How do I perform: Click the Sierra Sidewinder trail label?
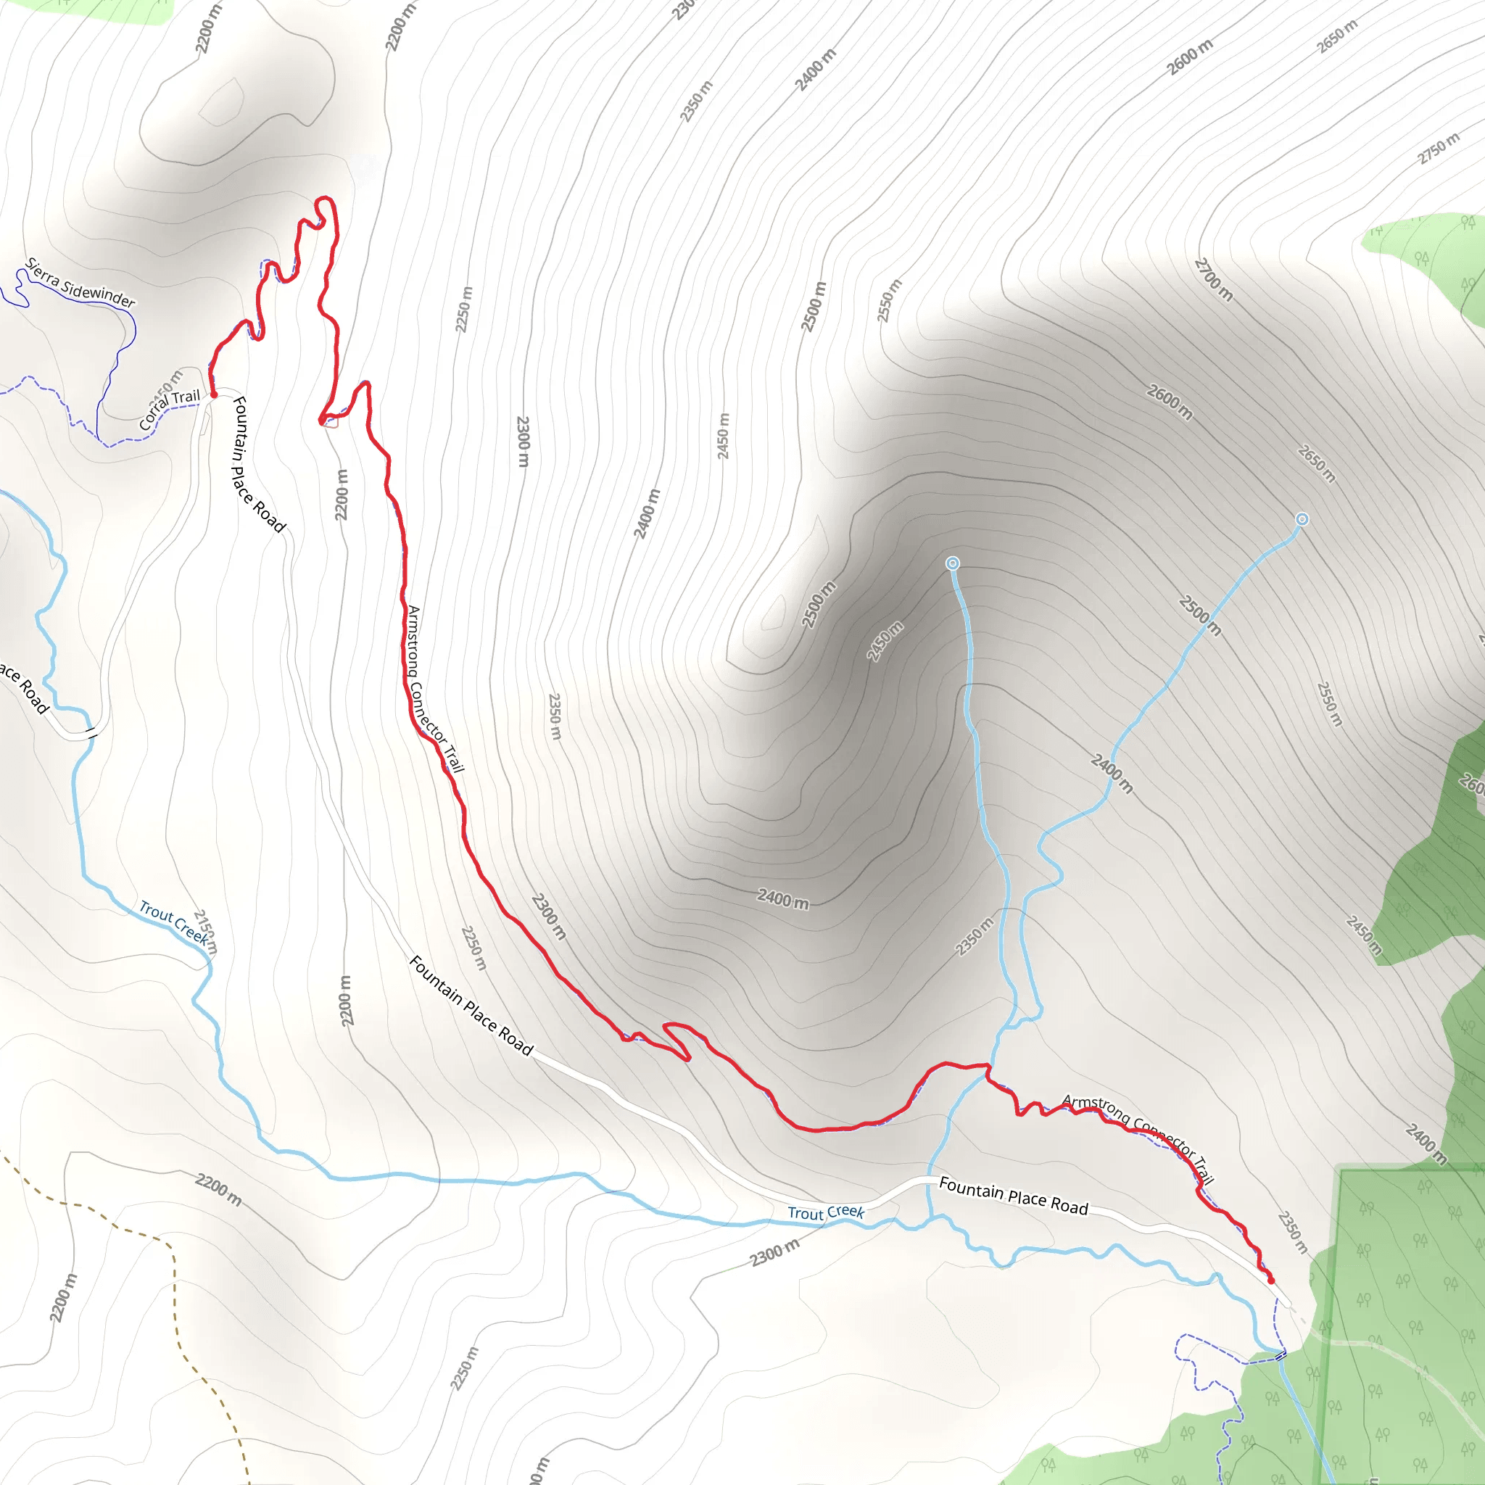coord(80,283)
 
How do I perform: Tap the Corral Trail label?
coord(169,409)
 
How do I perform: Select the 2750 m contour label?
coord(1438,149)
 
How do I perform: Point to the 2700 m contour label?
coord(1214,280)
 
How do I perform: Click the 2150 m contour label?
coord(205,932)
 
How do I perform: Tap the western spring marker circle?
coord(952,563)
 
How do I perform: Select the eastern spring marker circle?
coord(1302,520)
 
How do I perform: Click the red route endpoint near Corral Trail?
coord(214,394)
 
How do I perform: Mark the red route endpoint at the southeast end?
coord(1270,1281)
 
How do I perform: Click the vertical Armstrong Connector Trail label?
coord(434,689)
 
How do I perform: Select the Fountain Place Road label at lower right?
coord(1013,1196)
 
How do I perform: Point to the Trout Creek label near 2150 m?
coord(173,922)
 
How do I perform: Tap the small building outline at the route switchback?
coord(332,422)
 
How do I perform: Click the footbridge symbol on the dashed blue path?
coord(1281,1355)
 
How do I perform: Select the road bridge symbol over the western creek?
coord(91,732)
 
